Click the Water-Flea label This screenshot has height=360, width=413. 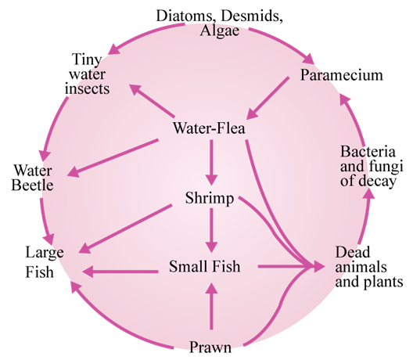209,128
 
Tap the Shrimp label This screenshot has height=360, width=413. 210,198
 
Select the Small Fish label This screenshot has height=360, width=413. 205,266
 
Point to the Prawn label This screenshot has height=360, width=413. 210,347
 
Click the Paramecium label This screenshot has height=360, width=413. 342,75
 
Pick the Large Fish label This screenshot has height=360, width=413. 45,261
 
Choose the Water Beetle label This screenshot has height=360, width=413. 32,178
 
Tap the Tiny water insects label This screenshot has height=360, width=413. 87,74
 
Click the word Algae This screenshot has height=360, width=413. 219,31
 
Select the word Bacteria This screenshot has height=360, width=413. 368,152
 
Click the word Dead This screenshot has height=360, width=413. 353,252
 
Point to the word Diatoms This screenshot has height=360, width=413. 185,16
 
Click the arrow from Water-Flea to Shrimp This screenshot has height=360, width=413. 211,162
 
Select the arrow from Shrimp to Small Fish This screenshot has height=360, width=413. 211,230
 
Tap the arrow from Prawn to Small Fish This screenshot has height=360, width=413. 211,306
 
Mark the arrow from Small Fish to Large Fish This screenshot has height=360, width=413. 120,272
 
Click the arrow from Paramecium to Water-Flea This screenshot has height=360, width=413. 268,98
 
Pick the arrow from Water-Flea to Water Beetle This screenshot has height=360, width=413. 113,158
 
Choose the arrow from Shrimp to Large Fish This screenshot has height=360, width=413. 125,229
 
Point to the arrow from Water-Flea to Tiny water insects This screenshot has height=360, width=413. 152,101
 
